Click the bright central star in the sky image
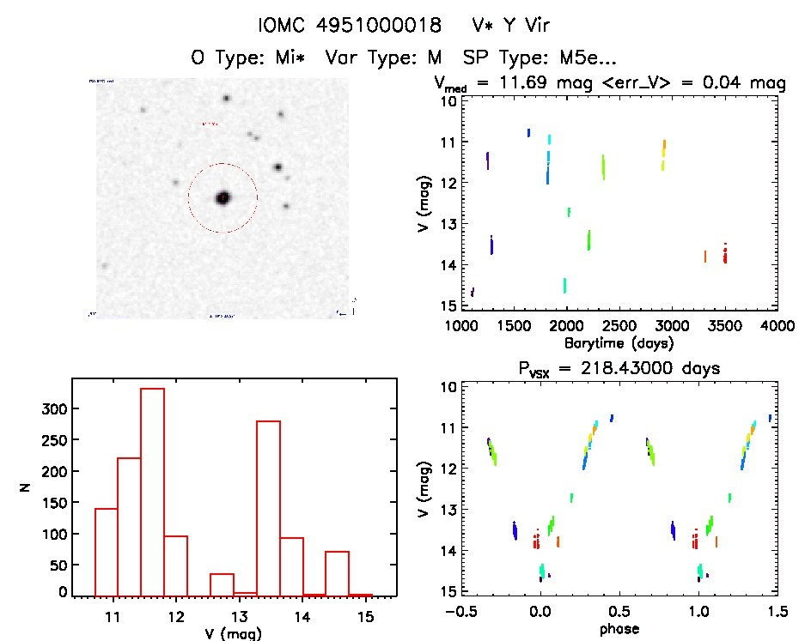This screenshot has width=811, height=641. coord(223,198)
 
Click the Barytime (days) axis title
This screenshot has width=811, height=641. coord(619,343)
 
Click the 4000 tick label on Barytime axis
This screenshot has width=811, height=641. coord(777,326)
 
